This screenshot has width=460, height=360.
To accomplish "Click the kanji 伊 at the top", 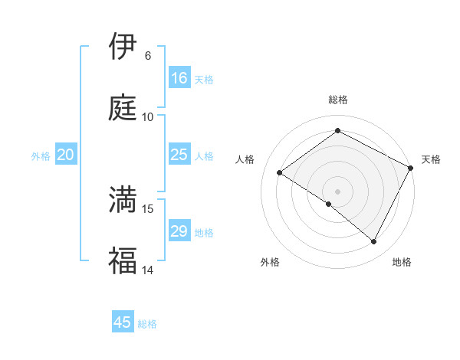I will [122, 47].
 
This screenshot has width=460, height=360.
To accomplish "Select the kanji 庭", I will [122, 107].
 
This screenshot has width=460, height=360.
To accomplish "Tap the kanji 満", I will [122, 199].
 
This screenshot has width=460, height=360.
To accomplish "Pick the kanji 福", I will [122, 260].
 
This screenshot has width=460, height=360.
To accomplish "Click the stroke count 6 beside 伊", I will [147, 55].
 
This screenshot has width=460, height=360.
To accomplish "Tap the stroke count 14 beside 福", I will [147, 270].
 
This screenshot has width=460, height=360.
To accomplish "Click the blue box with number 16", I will [179, 78].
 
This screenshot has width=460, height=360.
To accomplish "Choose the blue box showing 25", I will [179, 155].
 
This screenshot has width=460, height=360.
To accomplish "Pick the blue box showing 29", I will [179, 231].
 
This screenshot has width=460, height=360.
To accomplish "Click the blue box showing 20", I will [65, 155].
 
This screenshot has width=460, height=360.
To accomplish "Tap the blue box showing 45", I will [123, 322].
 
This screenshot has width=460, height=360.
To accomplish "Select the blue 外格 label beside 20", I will [41, 156].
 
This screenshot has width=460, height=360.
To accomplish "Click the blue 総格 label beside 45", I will [147, 324].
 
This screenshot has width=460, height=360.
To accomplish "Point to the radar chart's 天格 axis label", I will [431, 159].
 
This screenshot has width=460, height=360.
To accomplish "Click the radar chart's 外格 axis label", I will [270, 262].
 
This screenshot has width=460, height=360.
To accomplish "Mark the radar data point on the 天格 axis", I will [411, 168].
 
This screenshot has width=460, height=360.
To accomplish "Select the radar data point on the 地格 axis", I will [374, 242].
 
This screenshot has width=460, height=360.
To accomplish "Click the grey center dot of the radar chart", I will [337, 191].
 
